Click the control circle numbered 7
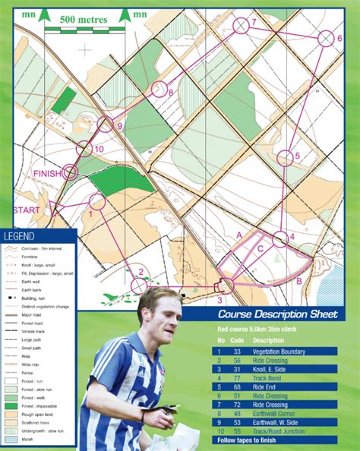[x=240, y=27]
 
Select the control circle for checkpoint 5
[x=284, y=158]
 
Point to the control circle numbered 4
[x=279, y=238]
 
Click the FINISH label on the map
[x=46, y=174]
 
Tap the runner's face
[x=159, y=313]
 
